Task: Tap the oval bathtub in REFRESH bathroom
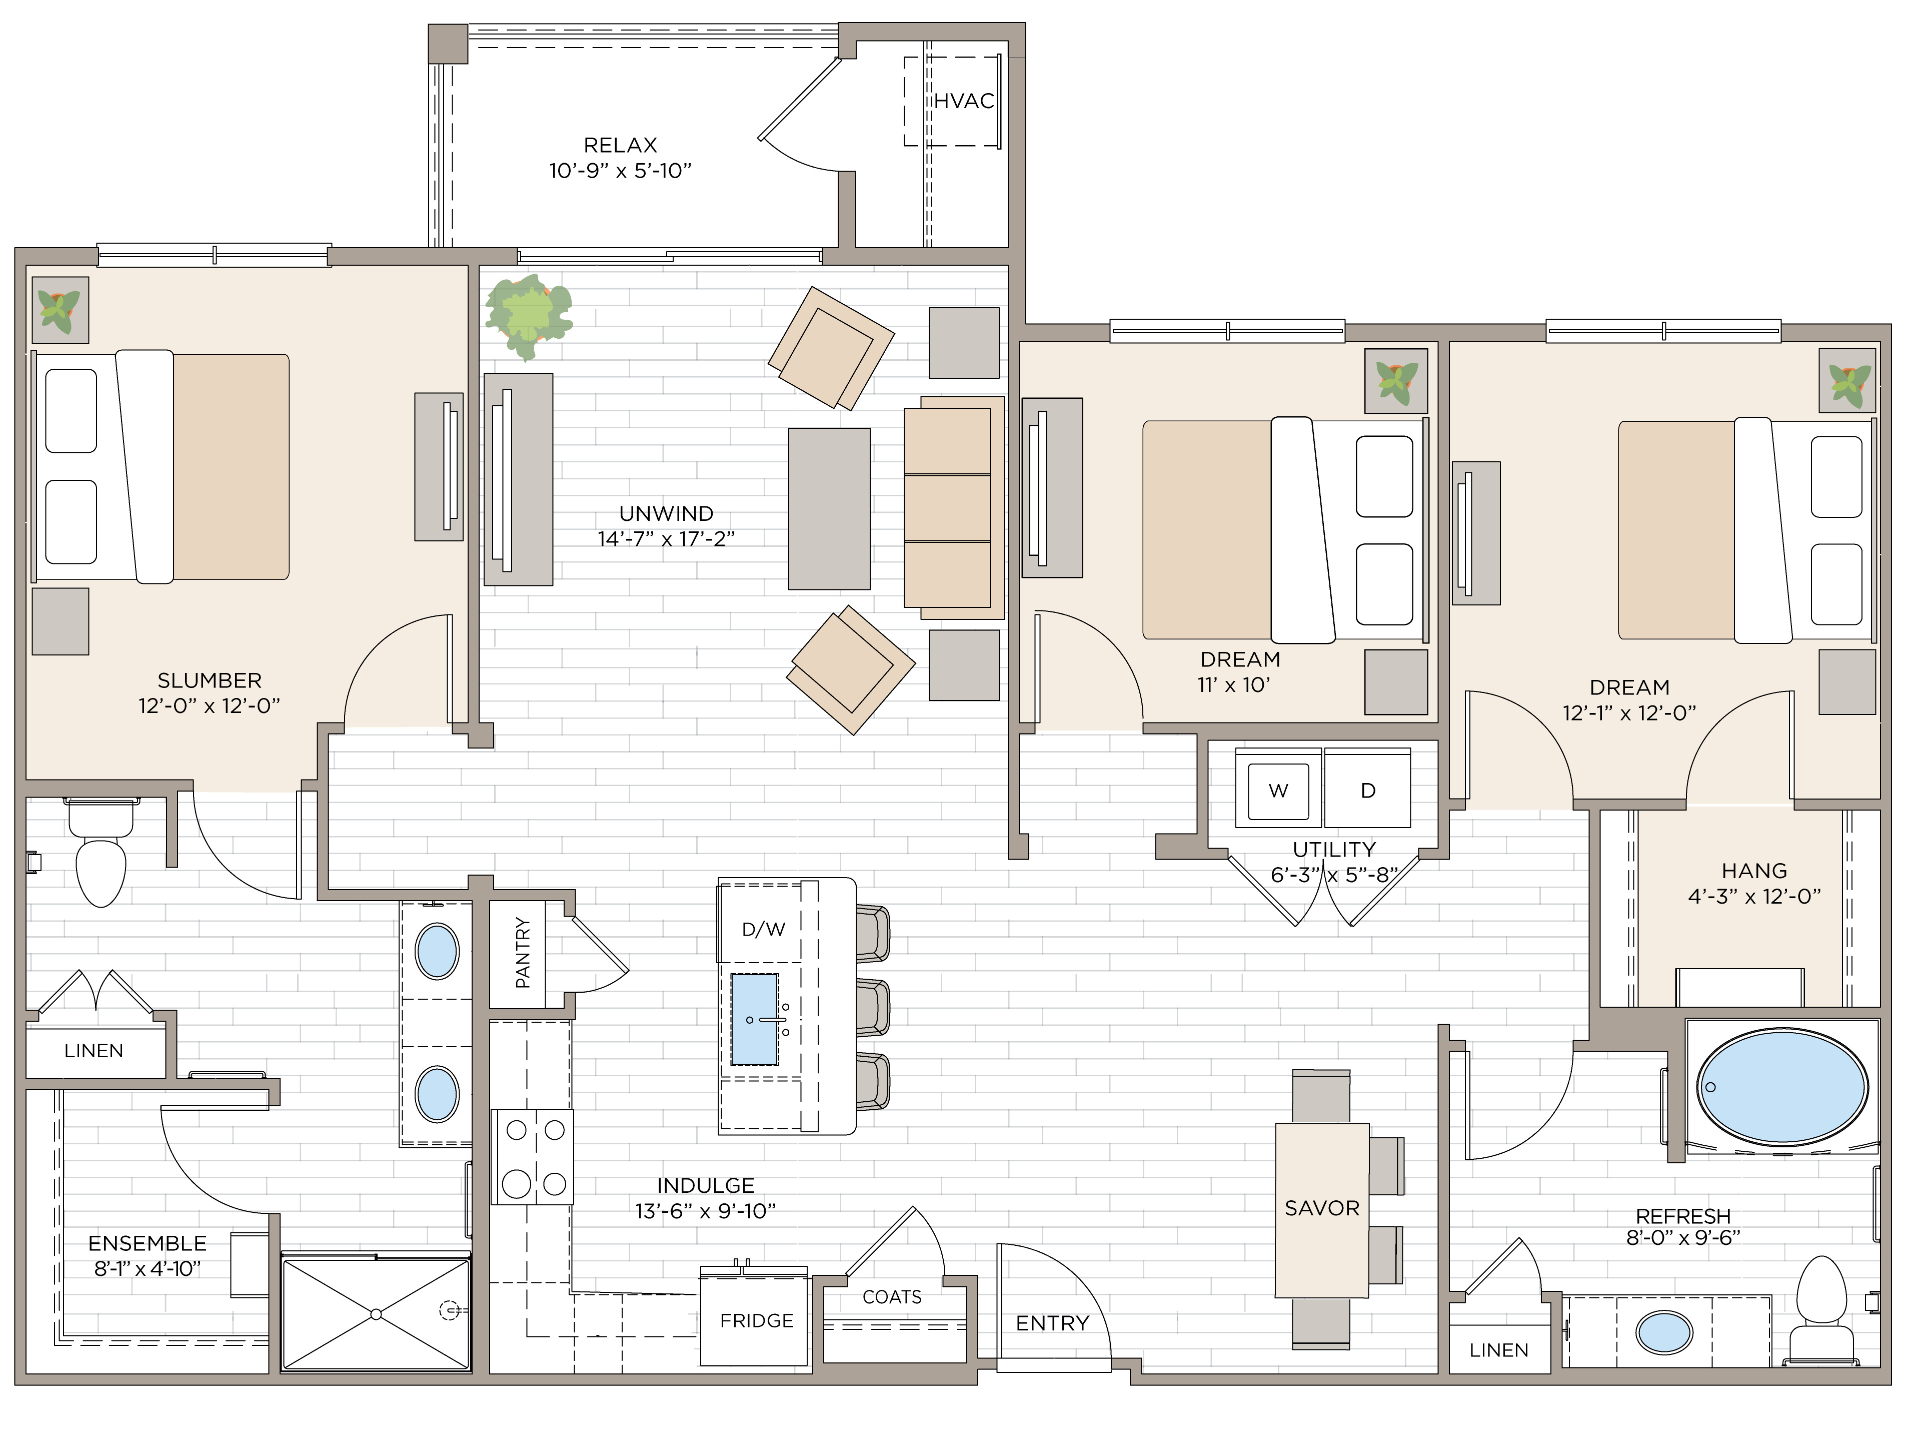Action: pyautogui.click(x=1781, y=1087)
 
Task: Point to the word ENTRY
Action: pyautogui.click(x=1052, y=1323)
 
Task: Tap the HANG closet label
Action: pyautogui.click(x=1754, y=870)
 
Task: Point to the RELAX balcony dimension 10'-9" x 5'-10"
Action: pyautogui.click(x=620, y=171)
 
